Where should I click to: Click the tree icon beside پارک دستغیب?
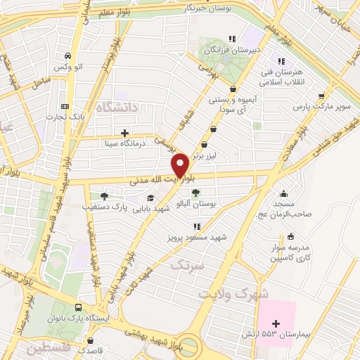(x=104, y=196)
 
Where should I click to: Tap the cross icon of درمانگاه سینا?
(x=125, y=132)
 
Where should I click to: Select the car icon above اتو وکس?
(x=67, y=56)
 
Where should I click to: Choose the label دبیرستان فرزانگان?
(x=231, y=51)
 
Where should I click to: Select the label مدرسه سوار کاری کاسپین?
(x=281, y=255)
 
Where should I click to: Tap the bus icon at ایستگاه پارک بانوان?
(x=78, y=307)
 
